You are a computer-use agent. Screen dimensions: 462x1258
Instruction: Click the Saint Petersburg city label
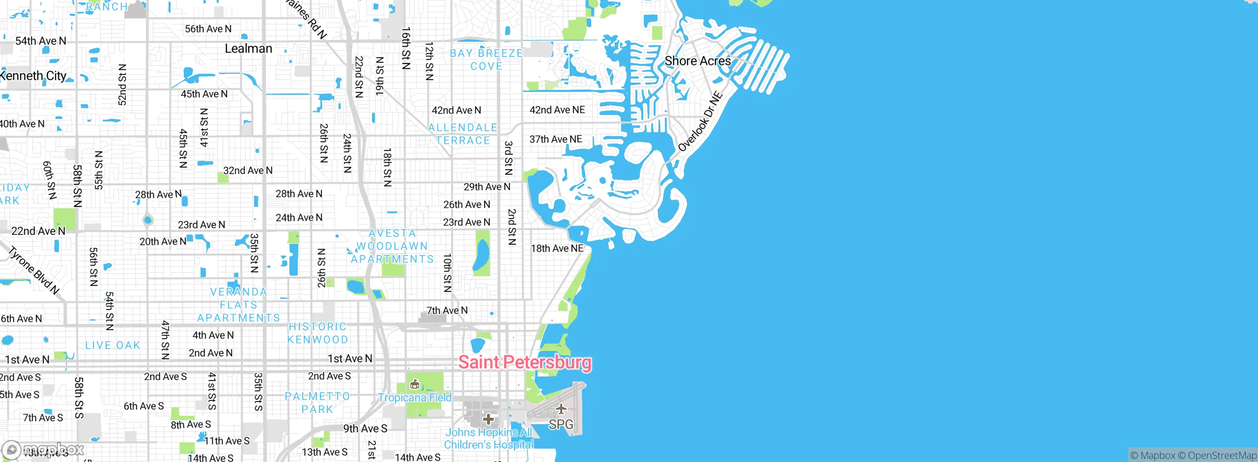[524, 362]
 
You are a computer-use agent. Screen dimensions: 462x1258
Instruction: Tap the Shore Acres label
[697, 61]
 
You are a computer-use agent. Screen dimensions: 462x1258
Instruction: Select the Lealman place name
[248, 48]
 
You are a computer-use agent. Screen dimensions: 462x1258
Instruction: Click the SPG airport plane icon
[561, 409]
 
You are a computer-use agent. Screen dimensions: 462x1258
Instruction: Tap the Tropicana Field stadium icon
[415, 384]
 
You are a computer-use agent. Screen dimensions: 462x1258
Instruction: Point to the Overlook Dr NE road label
[700, 121]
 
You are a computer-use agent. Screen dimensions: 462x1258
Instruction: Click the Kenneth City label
[33, 76]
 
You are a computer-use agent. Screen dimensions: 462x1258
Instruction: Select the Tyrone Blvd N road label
[33, 270]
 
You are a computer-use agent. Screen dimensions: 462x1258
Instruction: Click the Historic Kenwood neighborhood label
[317, 333]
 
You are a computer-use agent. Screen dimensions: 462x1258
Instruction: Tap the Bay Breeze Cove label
[486, 59]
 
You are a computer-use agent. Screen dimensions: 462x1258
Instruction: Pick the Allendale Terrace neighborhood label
[462, 134]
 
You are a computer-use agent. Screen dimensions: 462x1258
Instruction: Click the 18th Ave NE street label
[557, 248]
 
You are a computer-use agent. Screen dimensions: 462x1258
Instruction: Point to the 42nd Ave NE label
[557, 110]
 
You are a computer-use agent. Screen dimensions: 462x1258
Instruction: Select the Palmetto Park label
[317, 403]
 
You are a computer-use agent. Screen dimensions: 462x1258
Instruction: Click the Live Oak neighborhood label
[113, 345]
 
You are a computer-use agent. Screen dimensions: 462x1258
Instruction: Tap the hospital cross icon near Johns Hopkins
[488, 419]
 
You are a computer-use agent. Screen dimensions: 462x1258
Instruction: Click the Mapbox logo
[43, 449]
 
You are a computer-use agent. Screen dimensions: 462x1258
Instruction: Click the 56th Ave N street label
[208, 29]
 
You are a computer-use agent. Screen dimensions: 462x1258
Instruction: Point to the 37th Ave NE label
[555, 139]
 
